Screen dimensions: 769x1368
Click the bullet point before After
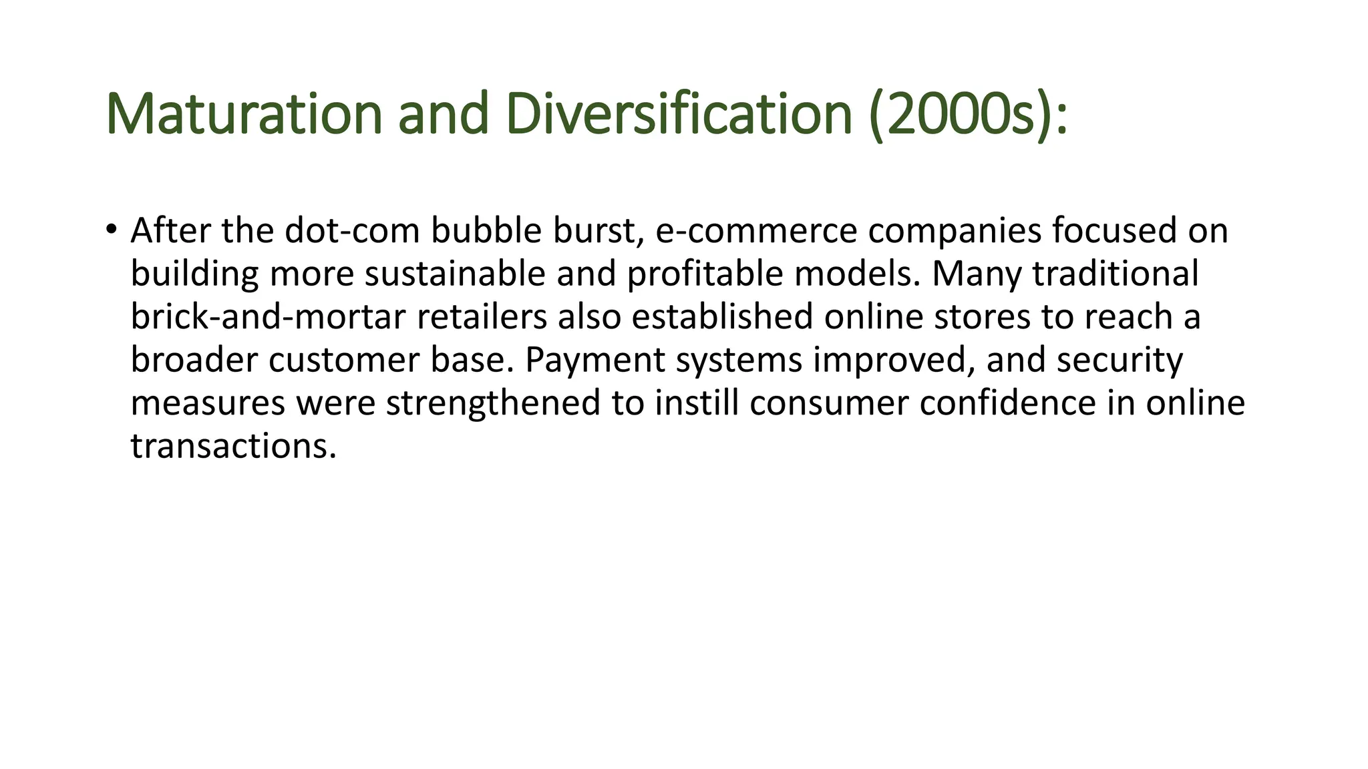111,230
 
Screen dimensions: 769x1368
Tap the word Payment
595,360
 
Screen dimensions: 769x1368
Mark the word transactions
233,446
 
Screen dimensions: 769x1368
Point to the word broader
194,360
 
